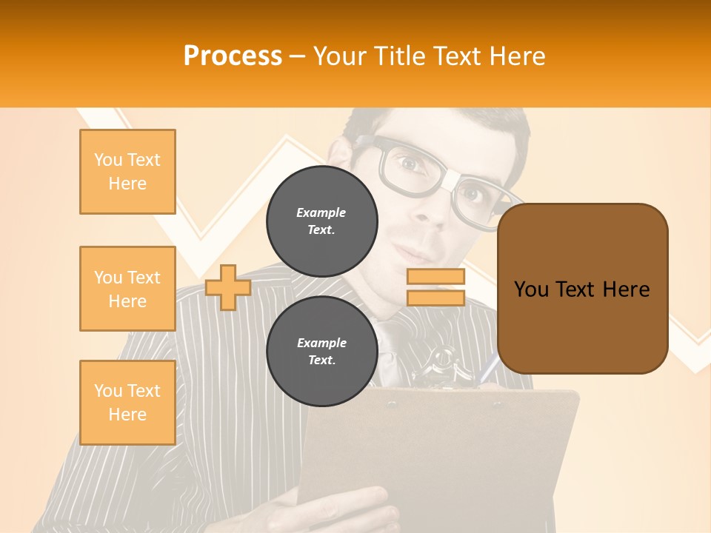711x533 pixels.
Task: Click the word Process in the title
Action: click(233, 56)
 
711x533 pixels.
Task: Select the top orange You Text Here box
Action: click(127, 172)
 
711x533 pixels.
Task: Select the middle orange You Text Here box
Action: click(127, 289)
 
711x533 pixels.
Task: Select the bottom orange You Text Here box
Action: click(127, 403)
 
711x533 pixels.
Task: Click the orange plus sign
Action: click(227, 287)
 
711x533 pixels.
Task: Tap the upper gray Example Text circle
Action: click(321, 221)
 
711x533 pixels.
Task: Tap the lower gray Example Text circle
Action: click(321, 352)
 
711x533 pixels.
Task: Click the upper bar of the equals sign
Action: click(435, 277)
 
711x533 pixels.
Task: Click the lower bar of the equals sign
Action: click(435, 298)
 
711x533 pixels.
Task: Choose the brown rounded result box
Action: click(582, 289)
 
